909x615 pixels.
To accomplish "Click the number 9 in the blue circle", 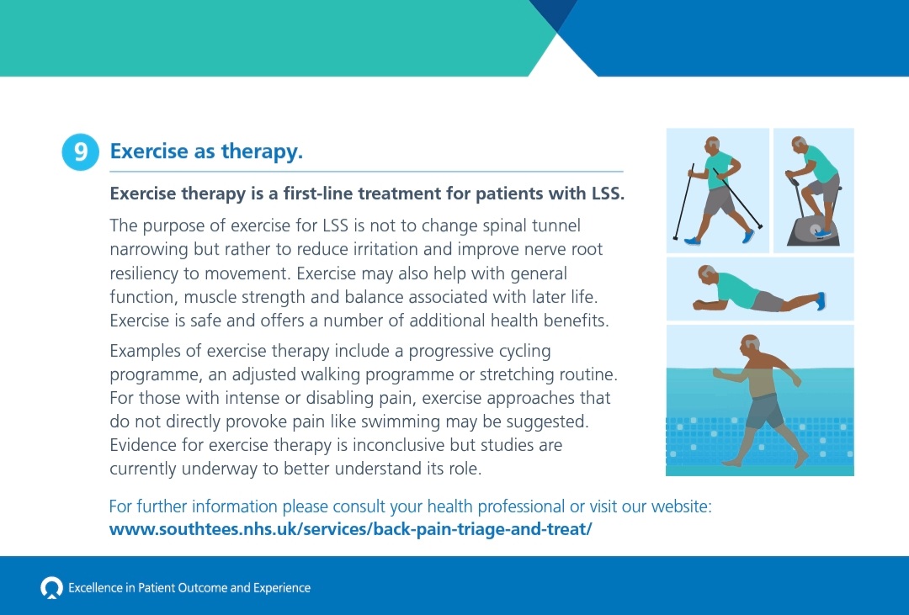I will (81, 152).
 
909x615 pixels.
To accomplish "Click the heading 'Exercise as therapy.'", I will (206, 152).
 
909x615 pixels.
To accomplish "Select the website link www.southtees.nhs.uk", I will (351, 530).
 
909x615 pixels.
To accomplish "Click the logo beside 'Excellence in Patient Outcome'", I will (51, 587).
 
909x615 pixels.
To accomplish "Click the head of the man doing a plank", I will (708, 277).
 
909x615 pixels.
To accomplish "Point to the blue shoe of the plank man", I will (821, 300).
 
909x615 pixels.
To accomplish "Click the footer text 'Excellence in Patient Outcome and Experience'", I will (189, 588).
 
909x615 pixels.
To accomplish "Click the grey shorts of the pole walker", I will (720, 201).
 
